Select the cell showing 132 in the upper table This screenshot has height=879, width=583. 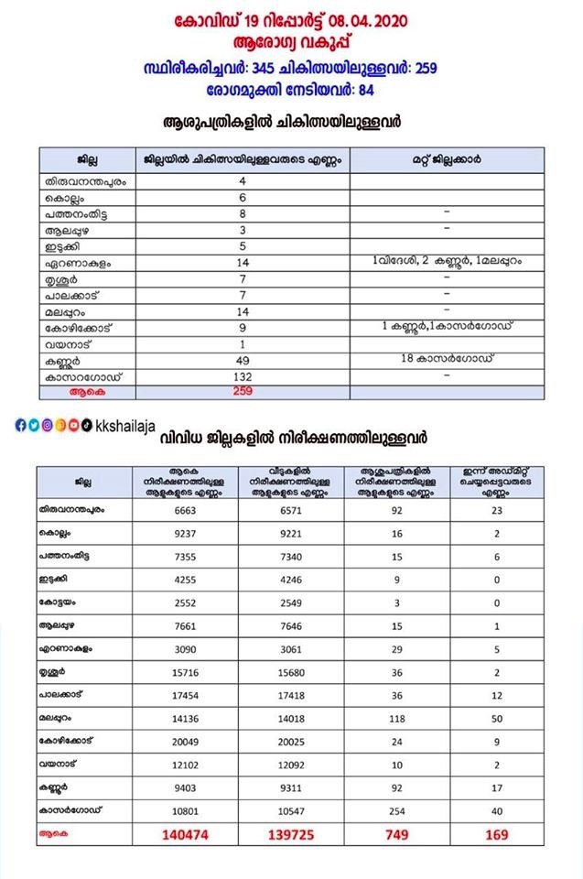coord(243,376)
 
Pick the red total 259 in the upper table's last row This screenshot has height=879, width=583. coord(243,391)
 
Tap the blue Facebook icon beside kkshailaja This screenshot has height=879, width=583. coord(20,425)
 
